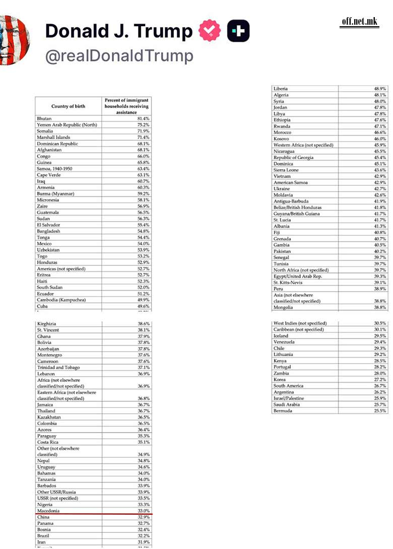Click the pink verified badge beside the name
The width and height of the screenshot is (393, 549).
[x=210, y=32]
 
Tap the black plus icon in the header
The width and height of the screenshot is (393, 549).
[x=238, y=32]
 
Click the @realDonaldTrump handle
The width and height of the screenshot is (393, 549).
[x=119, y=56]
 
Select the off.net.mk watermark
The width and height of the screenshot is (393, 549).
[x=359, y=21]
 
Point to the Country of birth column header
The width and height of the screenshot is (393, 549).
[x=68, y=106]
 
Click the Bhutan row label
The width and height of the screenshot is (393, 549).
[x=44, y=118]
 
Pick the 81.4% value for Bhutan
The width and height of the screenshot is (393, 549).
[x=143, y=118]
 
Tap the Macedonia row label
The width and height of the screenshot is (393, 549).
[x=48, y=511]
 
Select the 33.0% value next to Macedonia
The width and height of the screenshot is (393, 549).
[x=144, y=511]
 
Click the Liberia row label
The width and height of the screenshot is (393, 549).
[x=281, y=89]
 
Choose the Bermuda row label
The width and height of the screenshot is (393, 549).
[x=283, y=411]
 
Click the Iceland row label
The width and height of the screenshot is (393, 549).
[x=281, y=336]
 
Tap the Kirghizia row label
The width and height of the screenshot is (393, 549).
[x=47, y=324]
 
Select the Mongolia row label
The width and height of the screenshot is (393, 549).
[x=283, y=307]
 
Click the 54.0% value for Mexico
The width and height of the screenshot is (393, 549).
[x=143, y=244]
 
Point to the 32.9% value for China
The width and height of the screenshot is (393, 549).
[x=144, y=517]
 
